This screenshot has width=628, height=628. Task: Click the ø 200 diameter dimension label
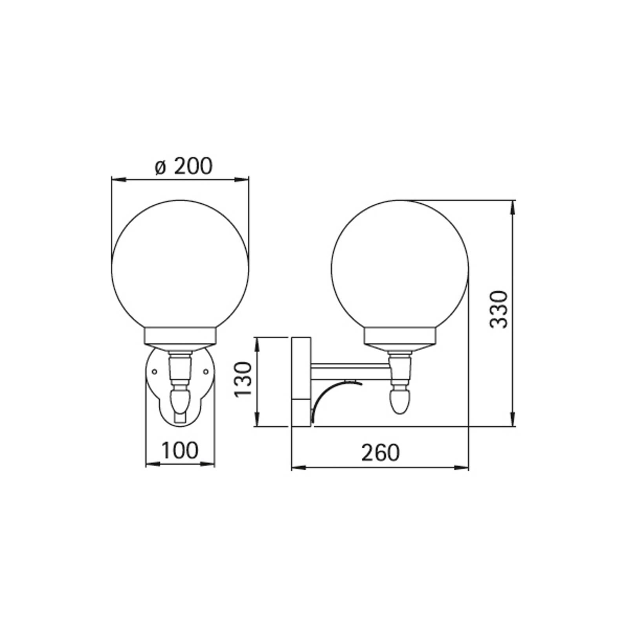coord(183,166)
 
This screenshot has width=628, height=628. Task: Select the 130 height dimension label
coord(243,379)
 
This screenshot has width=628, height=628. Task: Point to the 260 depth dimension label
coord(380,453)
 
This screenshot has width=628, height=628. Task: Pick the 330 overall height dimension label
coord(500,310)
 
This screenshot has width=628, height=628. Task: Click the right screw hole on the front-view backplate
coord(206,371)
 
